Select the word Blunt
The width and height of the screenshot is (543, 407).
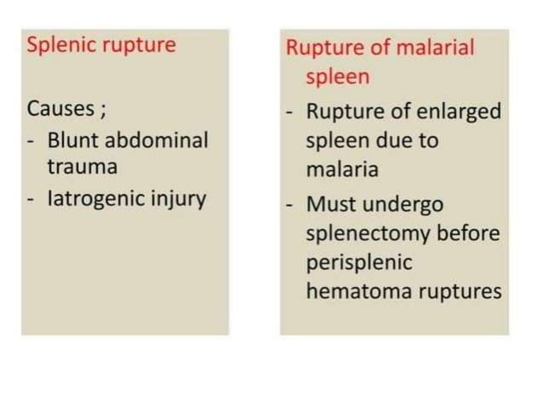[x=72, y=140]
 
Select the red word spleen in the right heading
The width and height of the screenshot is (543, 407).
[x=338, y=77]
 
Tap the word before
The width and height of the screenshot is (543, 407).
[x=471, y=232]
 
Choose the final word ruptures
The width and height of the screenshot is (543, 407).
[x=459, y=291]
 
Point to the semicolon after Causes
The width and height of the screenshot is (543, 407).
[x=102, y=112]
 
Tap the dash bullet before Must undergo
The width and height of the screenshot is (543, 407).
[x=290, y=204]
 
